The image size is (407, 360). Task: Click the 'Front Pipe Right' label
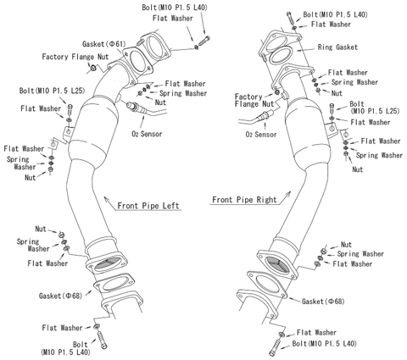pyautogui.click(x=239, y=201)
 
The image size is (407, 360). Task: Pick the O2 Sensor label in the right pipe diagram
pyautogui.click(x=261, y=133)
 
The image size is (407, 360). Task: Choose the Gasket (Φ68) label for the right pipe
pyautogui.click(x=325, y=301)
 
